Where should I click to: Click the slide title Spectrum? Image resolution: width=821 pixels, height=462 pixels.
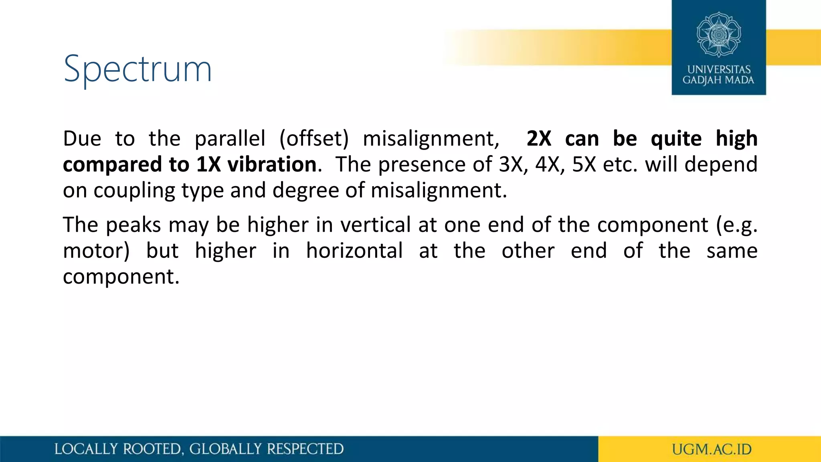click(x=138, y=69)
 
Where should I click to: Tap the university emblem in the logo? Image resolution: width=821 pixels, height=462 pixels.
click(x=719, y=34)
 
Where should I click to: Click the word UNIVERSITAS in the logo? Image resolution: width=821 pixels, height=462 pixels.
click(x=719, y=69)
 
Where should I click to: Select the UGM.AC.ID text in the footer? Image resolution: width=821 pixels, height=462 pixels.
click(x=712, y=449)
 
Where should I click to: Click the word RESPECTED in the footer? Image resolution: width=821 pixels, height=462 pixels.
click(x=305, y=449)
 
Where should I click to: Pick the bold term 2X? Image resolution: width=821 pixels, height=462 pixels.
click(x=539, y=139)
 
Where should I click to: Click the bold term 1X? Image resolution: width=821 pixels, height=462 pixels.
click(x=208, y=164)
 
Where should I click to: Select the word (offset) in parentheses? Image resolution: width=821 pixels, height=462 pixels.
click(x=314, y=139)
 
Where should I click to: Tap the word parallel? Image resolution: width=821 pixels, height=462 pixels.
click(x=230, y=139)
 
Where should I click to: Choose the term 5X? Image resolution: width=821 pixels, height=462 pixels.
click(x=584, y=164)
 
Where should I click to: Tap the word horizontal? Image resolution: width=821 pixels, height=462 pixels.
click(x=354, y=251)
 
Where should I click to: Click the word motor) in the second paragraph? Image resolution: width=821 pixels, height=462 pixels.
click(x=96, y=251)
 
